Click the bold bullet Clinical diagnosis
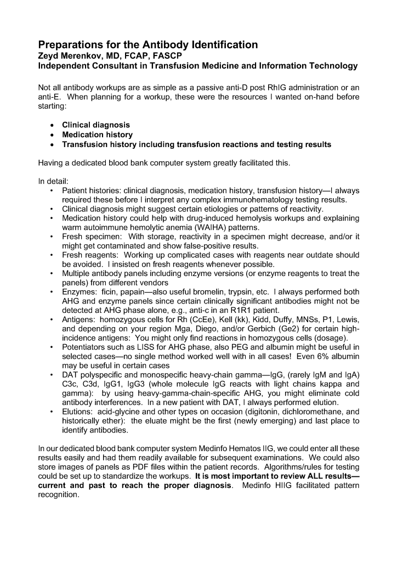pyautogui.click(x=96, y=125)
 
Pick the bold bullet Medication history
pyautogui.click(x=97, y=134)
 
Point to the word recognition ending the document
pyautogui.click(x=58, y=495)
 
